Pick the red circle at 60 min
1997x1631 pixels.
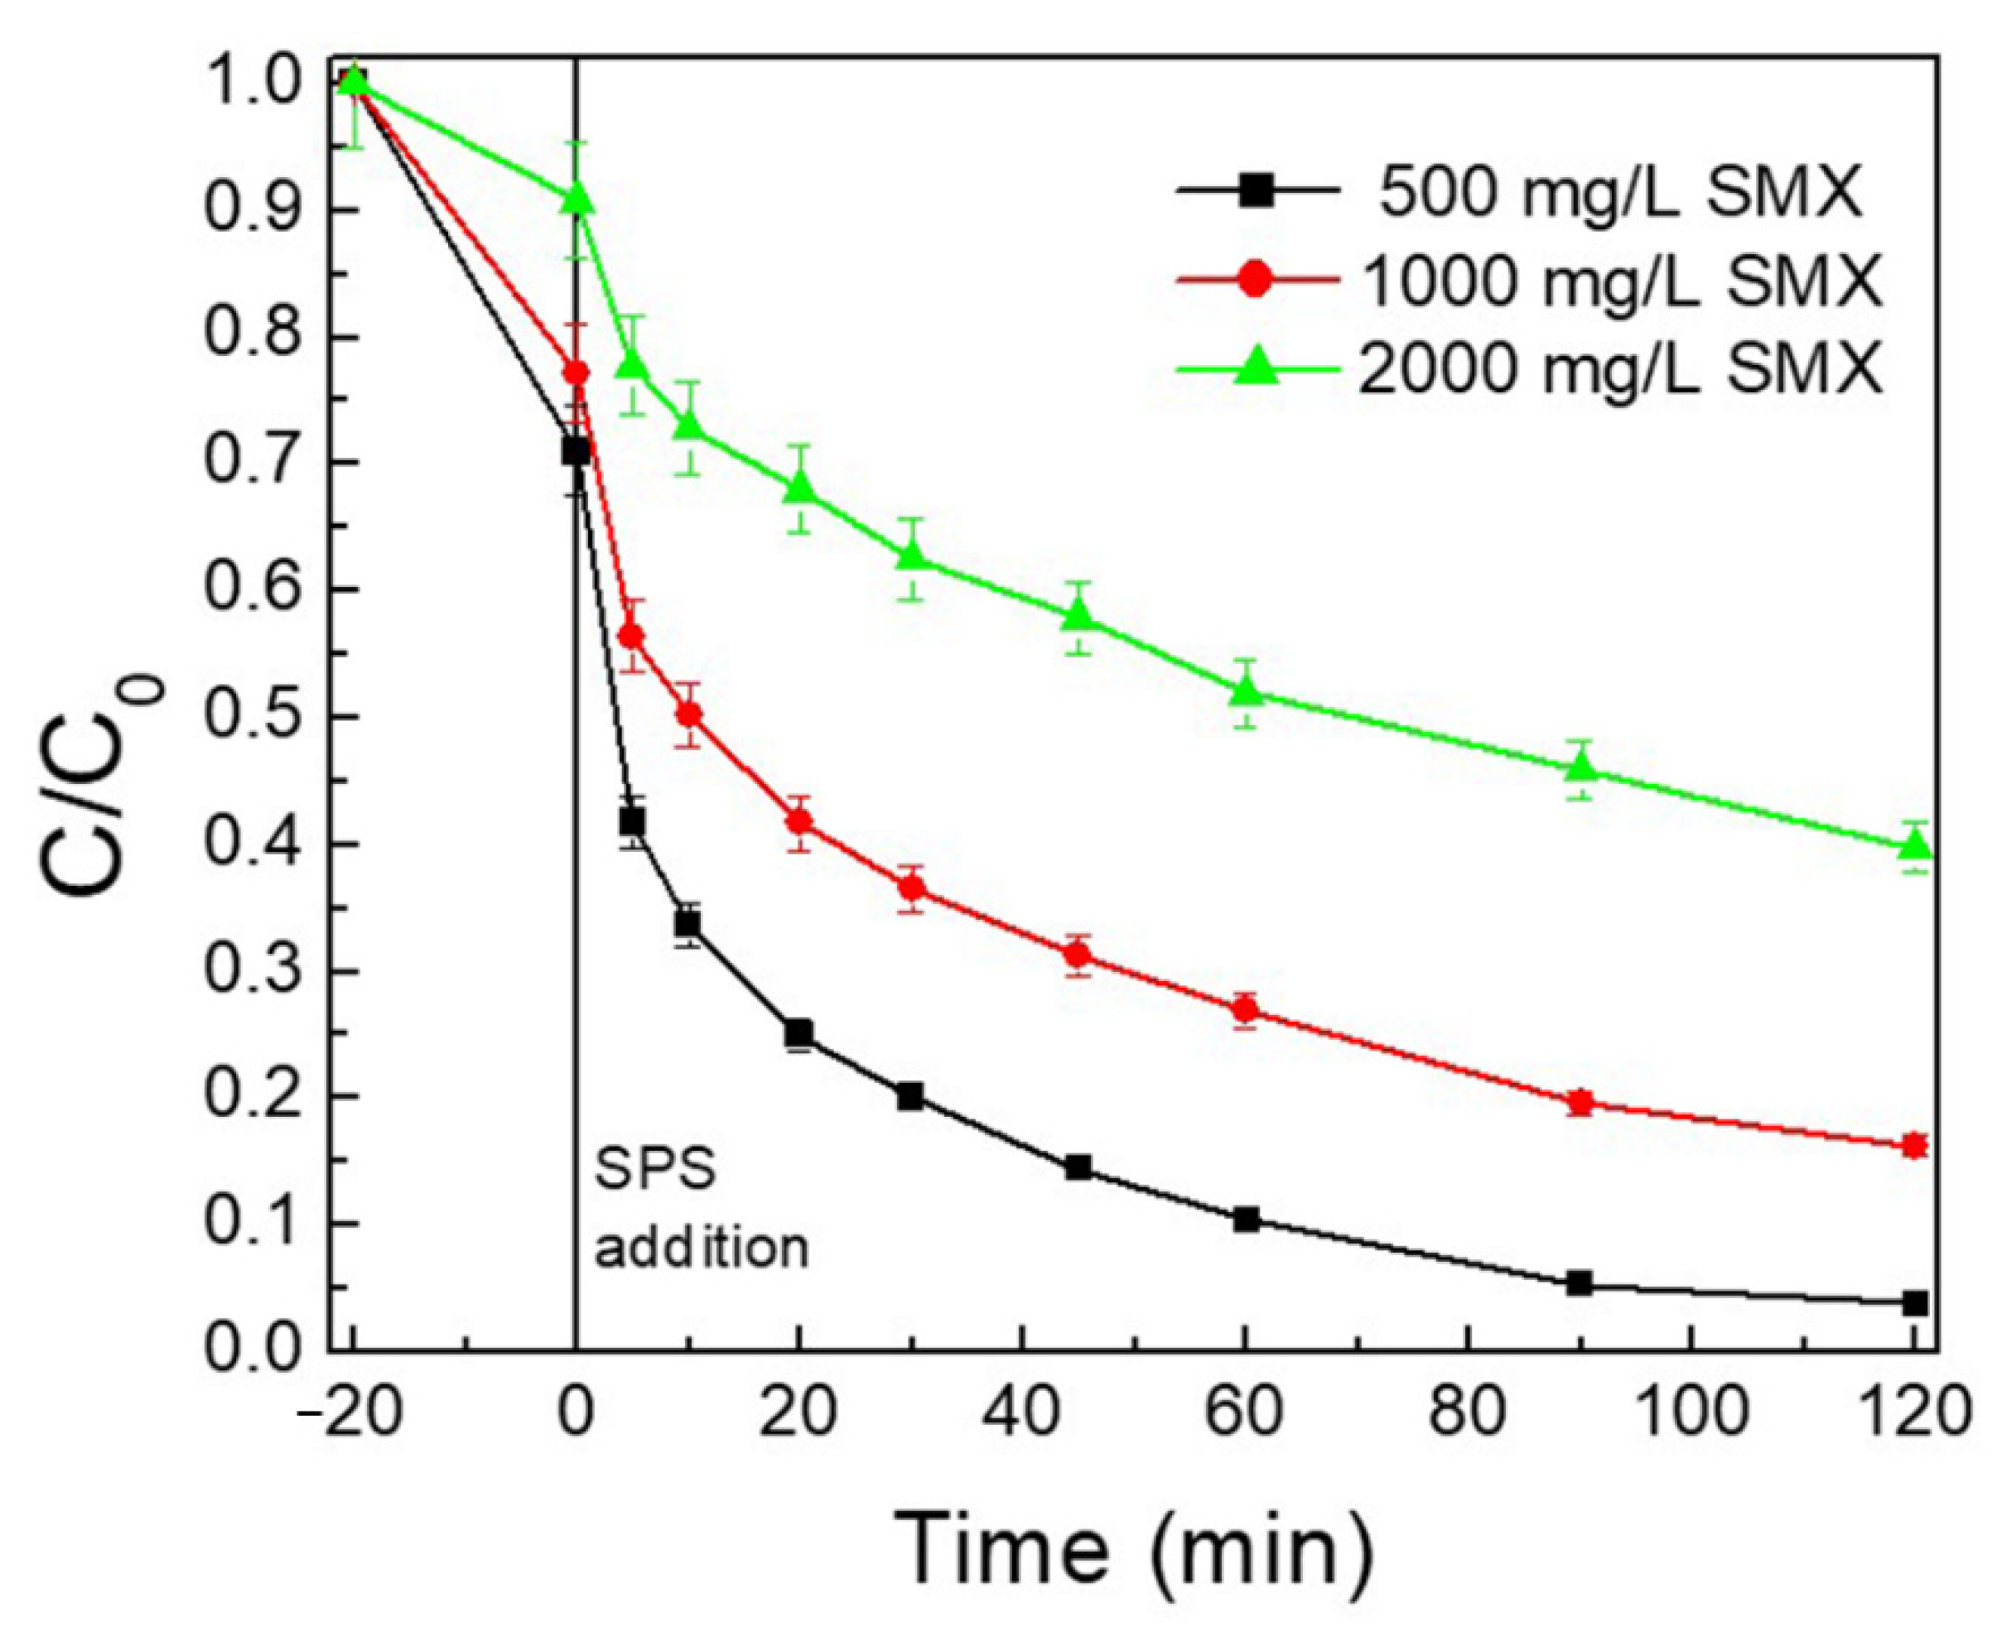(1245, 1011)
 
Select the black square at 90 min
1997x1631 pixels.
(1580, 1283)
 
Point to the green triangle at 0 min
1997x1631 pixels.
(577, 200)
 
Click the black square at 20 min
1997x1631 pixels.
(798, 1033)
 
